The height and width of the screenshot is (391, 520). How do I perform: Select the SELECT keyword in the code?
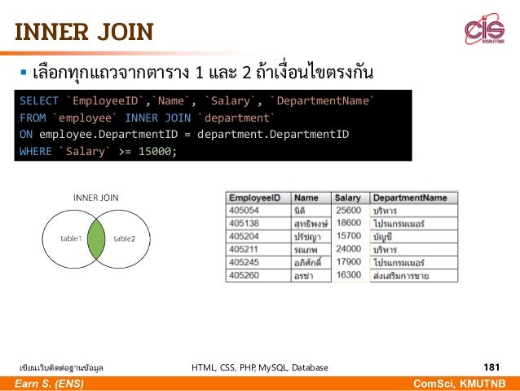tap(39, 101)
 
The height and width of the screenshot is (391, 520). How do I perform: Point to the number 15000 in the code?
tap(155, 151)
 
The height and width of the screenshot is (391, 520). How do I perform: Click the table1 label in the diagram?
tap(70, 238)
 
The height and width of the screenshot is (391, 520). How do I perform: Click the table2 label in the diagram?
tap(125, 238)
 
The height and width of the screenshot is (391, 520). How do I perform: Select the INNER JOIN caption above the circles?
tap(96, 198)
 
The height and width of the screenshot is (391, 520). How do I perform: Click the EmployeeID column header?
tap(255, 198)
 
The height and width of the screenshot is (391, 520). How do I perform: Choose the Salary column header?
tap(348, 198)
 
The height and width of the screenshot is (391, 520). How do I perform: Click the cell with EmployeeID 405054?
tap(244, 210)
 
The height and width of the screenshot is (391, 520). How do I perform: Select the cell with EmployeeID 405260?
tap(244, 275)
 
